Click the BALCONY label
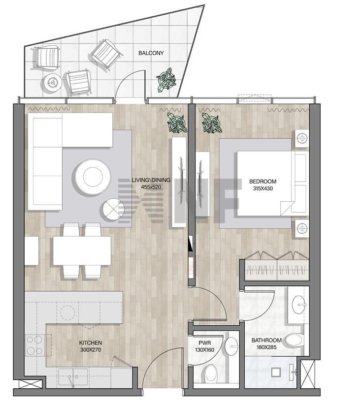(151, 53)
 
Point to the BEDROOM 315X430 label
(263, 185)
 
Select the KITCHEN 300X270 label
(90, 346)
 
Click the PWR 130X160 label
(204, 346)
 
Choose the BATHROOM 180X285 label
(266, 344)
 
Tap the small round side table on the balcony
(53, 83)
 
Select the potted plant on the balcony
(166, 80)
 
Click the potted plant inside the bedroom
(212, 124)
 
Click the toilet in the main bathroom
(295, 340)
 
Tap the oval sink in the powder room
(231, 346)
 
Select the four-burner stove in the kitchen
(35, 345)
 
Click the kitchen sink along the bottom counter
(73, 377)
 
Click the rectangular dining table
(82, 251)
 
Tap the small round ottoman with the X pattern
(113, 209)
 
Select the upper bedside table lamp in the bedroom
(302, 138)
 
